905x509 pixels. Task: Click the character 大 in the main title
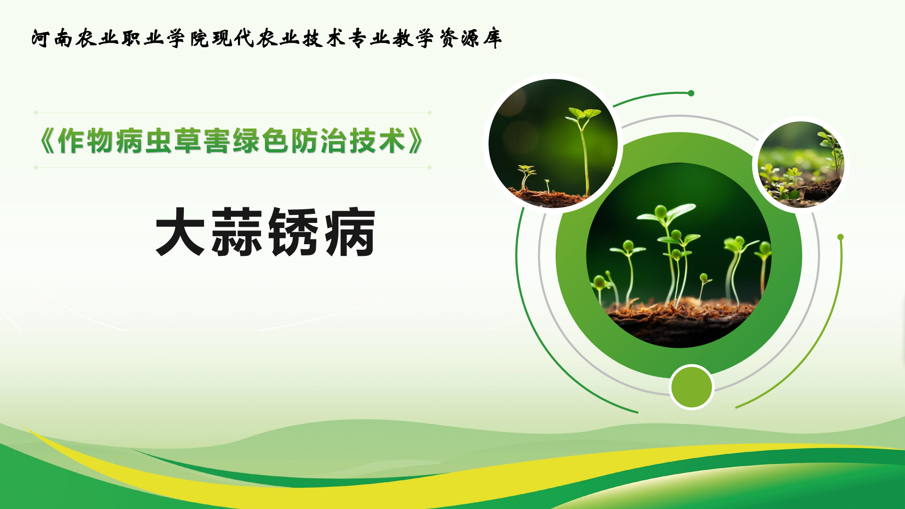[181, 232]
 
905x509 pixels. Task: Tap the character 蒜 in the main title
[237, 232]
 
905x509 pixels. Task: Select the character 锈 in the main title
[293, 232]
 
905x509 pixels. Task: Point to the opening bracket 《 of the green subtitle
[47, 141]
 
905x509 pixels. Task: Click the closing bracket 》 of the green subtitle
[415, 141]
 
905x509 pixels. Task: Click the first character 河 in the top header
[41, 38]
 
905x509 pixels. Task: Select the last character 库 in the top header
[492, 38]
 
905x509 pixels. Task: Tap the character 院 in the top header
[199, 38]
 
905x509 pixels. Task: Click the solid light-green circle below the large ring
[691, 387]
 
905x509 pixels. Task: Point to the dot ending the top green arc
[691, 93]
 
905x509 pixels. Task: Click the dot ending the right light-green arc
[840, 237]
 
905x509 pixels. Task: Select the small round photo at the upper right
[801, 164]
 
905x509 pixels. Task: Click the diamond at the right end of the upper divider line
[429, 113]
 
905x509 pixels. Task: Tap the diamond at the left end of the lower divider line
[36, 167]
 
